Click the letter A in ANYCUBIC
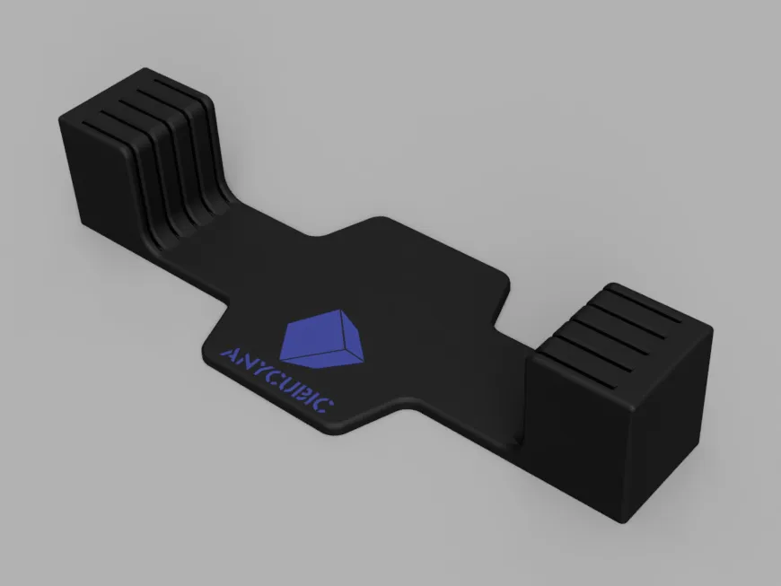tap(228, 353)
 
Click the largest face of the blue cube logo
tap(311, 335)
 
